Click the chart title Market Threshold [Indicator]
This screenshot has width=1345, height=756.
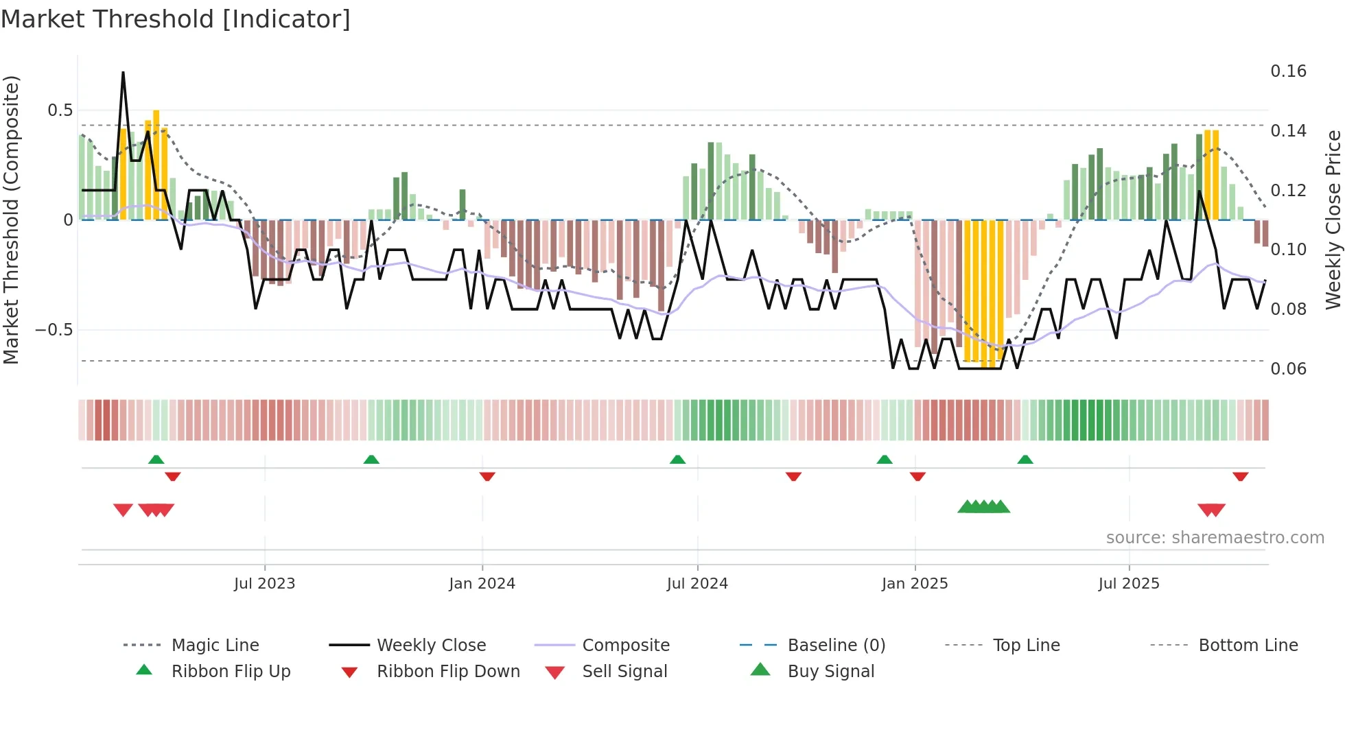point(176,19)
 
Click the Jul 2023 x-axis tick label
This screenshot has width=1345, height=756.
point(264,584)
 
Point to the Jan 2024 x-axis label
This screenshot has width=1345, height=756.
point(482,584)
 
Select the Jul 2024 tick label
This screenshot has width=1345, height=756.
point(697,584)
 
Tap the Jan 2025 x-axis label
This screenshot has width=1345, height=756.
point(915,584)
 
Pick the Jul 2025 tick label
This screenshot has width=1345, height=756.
point(1129,584)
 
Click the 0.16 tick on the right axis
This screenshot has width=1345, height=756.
point(1288,71)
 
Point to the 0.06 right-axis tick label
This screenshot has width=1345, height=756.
point(1288,369)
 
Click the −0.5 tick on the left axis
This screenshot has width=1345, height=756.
point(54,330)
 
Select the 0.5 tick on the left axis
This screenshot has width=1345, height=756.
point(60,110)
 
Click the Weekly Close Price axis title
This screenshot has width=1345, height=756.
point(1333,220)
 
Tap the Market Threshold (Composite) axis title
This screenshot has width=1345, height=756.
point(11,220)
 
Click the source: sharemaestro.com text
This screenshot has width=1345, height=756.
point(1215,538)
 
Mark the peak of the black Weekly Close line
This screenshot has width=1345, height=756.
point(124,72)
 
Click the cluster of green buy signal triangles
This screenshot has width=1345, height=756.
point(984,507)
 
